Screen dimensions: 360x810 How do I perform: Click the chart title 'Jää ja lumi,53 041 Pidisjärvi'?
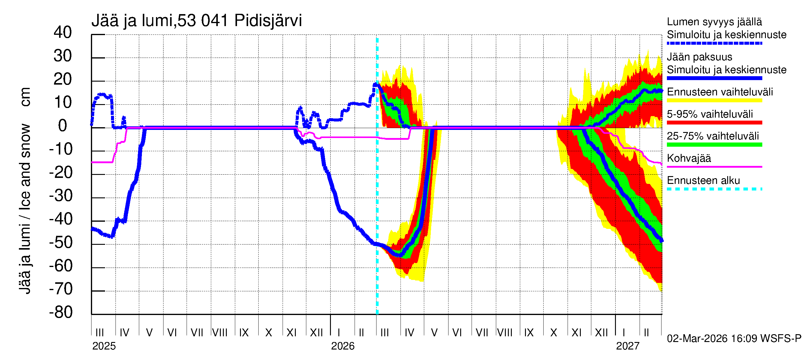(x=196, y=21)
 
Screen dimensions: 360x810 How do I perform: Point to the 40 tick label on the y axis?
(x=63, y=33)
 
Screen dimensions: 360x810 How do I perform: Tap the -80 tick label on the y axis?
(x=61, y=313)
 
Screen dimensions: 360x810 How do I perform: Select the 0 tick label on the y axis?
(x=63, y=126)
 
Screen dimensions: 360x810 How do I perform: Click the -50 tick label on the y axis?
(x=61, y=243)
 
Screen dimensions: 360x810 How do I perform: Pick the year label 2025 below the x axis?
(x=104, y=346)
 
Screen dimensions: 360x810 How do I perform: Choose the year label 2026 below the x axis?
(x=342, y=346)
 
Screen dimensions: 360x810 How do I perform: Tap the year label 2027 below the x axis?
(x=627, y=346)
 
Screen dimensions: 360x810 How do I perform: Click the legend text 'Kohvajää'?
(x=688, y=158)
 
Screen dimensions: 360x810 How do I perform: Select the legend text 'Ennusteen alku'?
(x=703, y=181)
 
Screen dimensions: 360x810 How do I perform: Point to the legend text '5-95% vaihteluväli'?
(x=710, y=114)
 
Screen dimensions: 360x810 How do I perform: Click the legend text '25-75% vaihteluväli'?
(x=712, y=136)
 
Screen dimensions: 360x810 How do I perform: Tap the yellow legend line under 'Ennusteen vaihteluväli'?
(x=714, y=100)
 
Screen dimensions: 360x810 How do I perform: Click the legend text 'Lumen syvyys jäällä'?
(x=714, y=22)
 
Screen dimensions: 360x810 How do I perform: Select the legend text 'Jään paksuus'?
(x=699, y=57)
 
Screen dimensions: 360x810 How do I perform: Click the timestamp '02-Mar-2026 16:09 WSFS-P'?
(x=734, y=339)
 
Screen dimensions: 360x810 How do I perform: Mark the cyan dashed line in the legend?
(x=714, y=189)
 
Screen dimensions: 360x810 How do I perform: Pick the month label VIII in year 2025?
(x=220, y=333)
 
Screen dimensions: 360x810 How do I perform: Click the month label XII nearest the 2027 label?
(x=601, y=333)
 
